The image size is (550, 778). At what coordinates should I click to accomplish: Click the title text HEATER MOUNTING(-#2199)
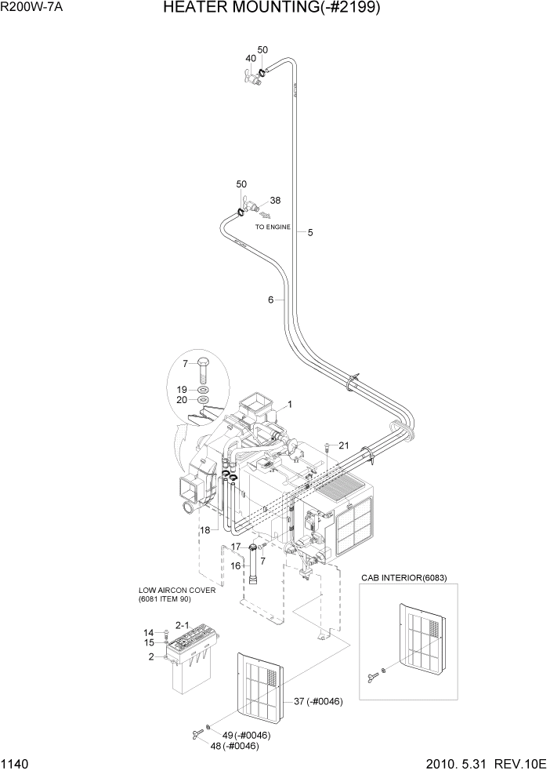(x=283, y=9)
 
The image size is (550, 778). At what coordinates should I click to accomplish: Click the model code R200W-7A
(x=31, y=8)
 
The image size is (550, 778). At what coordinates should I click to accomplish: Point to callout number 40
(x=251, y=59)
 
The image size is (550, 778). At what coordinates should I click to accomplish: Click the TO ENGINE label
(x=273, y=227)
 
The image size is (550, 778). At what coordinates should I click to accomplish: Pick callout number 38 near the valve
(x=275, y=200)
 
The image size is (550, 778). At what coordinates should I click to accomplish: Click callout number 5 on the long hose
(x=310, y=232)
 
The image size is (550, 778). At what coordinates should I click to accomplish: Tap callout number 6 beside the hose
(x=271, y=300)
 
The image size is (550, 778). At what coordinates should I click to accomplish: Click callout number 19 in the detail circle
(x=181, y=389)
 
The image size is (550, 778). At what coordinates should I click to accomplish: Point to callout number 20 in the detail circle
(x=181, y=400)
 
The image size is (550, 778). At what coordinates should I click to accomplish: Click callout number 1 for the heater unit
(x=289, y=405)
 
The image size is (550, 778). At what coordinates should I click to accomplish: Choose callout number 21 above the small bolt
(x=342, y=445)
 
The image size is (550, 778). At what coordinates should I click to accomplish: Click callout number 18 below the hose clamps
(x=204, y=531)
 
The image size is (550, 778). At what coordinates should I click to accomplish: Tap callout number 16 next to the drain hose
(x=234, y=565)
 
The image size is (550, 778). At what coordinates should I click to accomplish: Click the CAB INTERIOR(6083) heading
(x=403, y=577)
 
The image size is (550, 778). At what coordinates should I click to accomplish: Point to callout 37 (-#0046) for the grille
(x=317, y=700)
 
